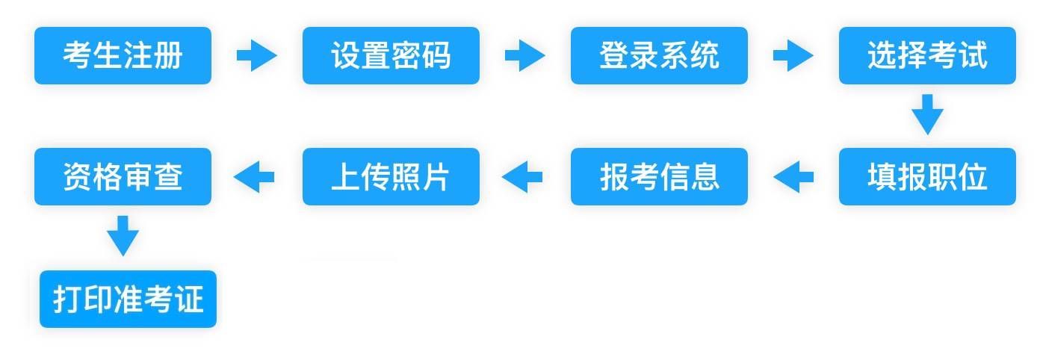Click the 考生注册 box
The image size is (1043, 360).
tap(123, 55)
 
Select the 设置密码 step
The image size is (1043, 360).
tap(391, 55)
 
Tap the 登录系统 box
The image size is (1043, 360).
tap(659, 55)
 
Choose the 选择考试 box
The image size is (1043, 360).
tap(927, 55)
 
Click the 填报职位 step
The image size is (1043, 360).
tap(927, 176)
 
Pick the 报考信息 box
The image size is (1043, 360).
tap(659, 176)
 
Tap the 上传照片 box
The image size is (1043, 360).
tap(391, 176)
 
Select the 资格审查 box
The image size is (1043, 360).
tap(123, 176)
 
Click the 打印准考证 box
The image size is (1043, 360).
tap(128, 299)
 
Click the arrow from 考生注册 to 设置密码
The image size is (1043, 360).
tap(257, 55)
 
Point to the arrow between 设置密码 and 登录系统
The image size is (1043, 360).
tap(525, 55)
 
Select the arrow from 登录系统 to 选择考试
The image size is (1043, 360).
tap(793, 55)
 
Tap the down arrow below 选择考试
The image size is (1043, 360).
tap(927, 114)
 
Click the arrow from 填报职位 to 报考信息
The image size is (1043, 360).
tap(793, 177)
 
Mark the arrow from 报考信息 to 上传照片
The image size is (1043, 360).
tap(522, 177)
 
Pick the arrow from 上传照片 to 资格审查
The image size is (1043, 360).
tap(254, 177)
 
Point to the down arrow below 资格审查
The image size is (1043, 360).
tap(123, 236)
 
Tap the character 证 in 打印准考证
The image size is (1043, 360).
tap(189, 299)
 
